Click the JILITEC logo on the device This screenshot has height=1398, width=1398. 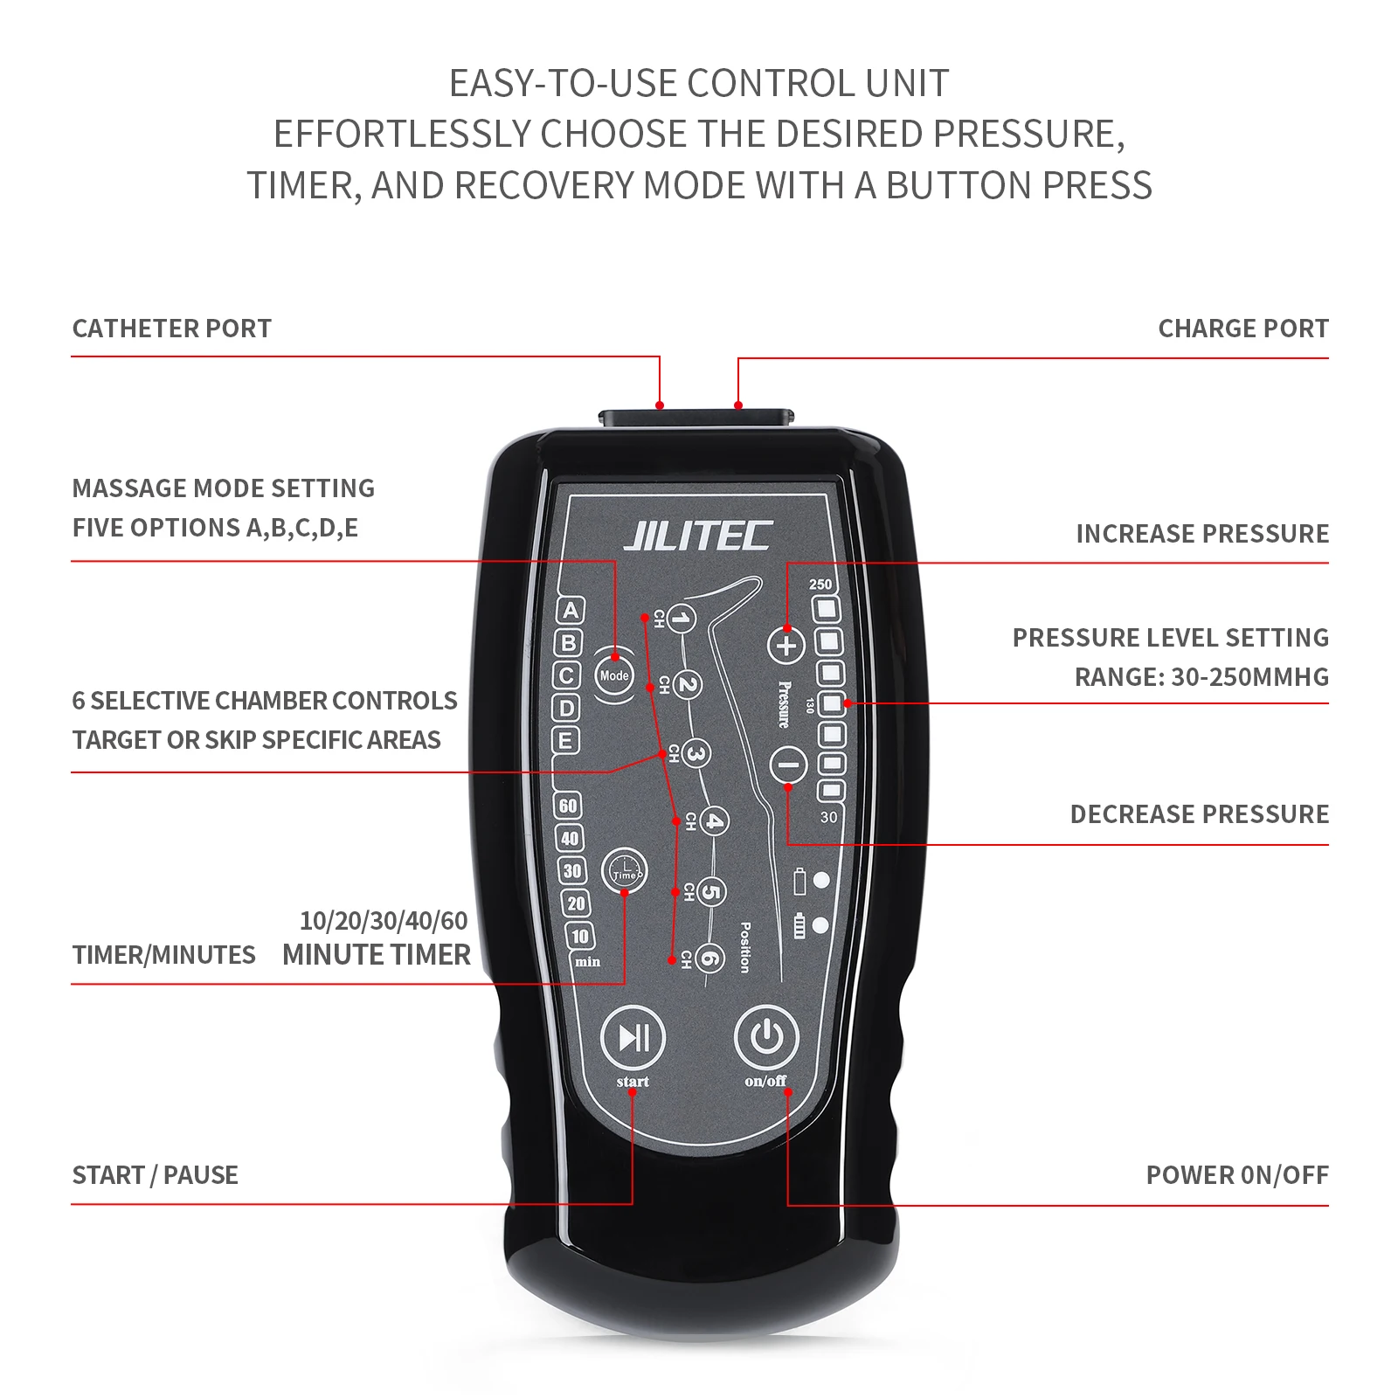pyautogui.click(x=697, y=536)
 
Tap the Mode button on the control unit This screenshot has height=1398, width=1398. pyautogui.click(x=614, y=675)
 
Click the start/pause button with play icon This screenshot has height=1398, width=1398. pyautogui.click(x=633, y=1038)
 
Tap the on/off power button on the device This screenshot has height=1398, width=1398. pyautogui.click(x=766, y=1038)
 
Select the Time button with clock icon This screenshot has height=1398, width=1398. pyautogui.click(x=625, y=871)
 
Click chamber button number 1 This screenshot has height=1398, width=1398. pyautogui.click(x=682, y=619)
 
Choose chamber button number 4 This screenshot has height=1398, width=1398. pyautogui.click(x=714, y=821)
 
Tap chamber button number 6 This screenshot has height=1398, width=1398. pyautogui.click(x=710, y=959)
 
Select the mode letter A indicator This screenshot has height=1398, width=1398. pyautogui.click(x=571, y=610)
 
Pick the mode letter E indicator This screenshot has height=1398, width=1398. pyautogui.click(x=565, y=740)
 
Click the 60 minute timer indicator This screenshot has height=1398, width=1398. pyautogui.click(x=568, y=805)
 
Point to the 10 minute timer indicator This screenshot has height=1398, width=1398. pyautogui.click(x=579, y=936)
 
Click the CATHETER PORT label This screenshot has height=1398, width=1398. pyautogui.click(x=171, y=329)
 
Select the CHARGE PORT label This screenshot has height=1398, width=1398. pyautogui.click(x=1242, y=329)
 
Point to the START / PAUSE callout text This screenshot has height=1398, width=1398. pyautogui.click(x=155, y=1175)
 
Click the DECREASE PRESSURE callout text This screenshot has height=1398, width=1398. pyautogui.click(x=1199, y=814)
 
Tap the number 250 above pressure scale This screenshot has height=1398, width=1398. pyautogui.click(x=820, y=584)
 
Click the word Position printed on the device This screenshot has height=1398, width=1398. pyautogui.click(x=744, y=947)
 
